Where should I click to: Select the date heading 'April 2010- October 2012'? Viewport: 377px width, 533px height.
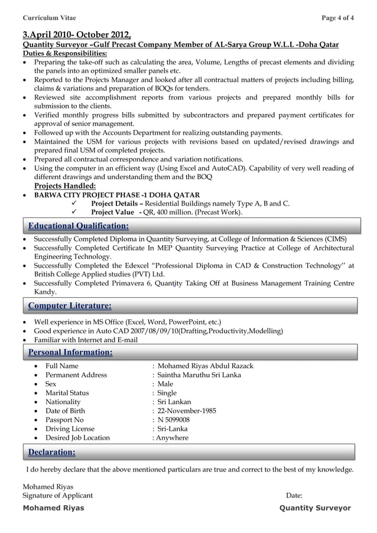[76, 34]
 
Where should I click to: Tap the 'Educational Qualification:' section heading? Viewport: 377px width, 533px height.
[78, 226]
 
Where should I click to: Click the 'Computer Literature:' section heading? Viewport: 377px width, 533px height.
[70, 305]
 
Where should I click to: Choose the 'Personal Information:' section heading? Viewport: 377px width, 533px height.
[70, 352]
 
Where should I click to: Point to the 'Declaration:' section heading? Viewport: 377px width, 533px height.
[51, 452]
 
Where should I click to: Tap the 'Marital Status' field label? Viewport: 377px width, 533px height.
[67, 393]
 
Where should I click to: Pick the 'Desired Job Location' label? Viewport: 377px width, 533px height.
[77, 438]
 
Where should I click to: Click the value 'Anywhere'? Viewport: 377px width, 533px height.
[173, 438]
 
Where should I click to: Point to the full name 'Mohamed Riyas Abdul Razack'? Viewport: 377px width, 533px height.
[206, 366]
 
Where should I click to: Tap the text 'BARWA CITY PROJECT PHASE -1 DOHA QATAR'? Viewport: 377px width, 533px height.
[116, 195]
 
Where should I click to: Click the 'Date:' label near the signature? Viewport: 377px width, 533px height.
[294, 496]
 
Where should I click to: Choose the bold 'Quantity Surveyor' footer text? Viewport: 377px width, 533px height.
[315, 508]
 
